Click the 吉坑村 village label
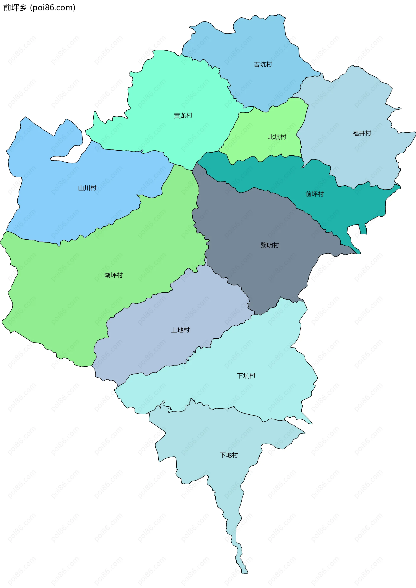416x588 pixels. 263,64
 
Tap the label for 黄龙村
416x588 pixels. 183,115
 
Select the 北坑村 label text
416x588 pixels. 277,137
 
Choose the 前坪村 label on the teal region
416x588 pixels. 314,194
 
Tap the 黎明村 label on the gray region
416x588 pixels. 270,245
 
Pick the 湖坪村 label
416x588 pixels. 114,275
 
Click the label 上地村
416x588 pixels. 180,330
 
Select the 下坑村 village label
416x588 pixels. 246,376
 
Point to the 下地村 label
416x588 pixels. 229,455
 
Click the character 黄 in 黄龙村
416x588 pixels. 177,115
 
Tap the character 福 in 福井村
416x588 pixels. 356,133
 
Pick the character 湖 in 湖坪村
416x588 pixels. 107,275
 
